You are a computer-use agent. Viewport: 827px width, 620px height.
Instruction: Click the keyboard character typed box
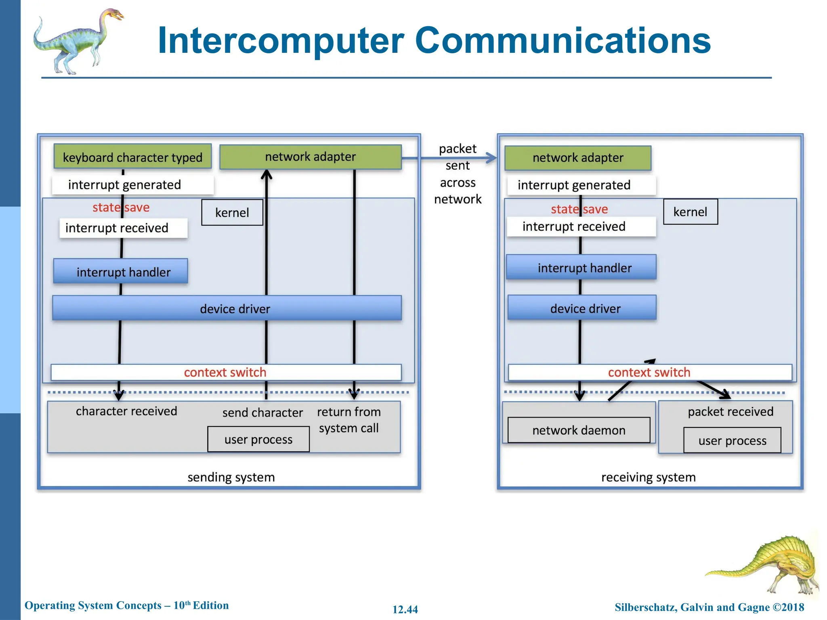[132, 157]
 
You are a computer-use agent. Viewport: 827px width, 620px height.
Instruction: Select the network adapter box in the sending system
[310, 157]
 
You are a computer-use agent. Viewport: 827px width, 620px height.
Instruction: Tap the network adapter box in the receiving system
[577, 158]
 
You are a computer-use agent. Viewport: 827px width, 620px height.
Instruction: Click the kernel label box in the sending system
[232, 212]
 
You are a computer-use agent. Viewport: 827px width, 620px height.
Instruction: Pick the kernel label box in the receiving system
[690, 212]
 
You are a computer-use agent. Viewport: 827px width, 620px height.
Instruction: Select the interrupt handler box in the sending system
[121, 272]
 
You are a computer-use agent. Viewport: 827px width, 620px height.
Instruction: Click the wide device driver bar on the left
[227, 308]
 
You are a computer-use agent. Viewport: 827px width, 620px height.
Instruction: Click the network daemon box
[578, 430]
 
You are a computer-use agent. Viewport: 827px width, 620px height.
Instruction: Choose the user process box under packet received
[732, 440]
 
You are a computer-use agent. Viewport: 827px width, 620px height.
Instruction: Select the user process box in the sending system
[258, 439]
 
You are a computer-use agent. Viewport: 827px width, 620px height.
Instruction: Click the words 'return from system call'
[349, 420]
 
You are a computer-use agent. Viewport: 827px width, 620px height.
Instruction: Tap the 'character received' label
[126, 411]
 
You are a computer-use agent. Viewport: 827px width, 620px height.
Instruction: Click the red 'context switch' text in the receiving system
[649, 372]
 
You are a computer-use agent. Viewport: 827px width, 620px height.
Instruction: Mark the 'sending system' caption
[231, 477]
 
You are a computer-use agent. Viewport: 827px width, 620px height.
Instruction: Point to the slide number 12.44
[405, 609]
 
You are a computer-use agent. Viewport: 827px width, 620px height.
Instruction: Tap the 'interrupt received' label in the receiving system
[573, 226]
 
